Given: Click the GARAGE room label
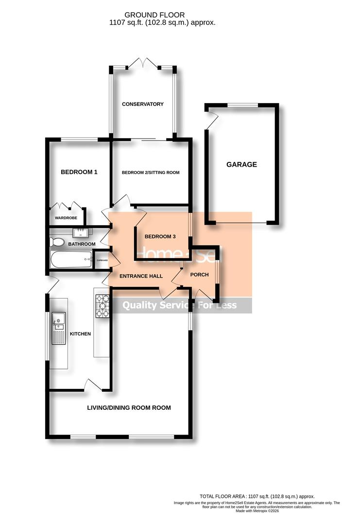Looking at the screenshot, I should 241,165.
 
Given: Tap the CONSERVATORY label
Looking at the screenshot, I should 143,104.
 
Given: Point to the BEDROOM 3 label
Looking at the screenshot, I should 160,236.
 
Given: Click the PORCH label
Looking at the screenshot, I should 199,275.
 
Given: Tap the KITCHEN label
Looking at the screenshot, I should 80,334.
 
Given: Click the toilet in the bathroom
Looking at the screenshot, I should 57,242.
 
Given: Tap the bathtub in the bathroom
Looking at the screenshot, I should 71,260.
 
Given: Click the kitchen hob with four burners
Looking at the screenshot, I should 103,306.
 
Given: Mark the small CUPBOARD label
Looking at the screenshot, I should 102,261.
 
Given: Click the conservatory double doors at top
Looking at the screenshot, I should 143,63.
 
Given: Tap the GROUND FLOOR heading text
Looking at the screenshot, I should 148,16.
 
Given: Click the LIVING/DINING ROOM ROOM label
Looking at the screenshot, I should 129,408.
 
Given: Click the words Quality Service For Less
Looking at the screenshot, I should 179,305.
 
